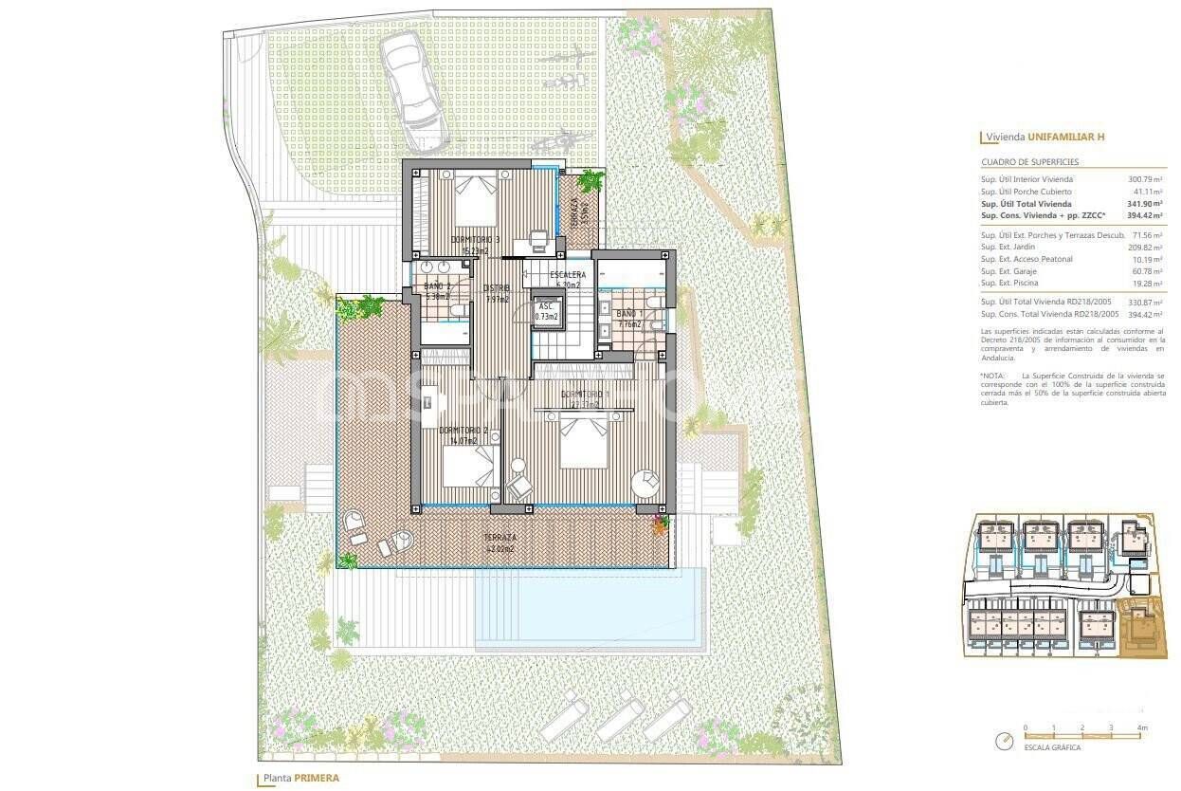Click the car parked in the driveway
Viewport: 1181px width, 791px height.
click(x=413, y=91)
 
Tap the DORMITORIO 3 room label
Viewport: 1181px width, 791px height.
click(x=476, y=240)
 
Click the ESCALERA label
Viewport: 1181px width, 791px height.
click(x=568, y=275)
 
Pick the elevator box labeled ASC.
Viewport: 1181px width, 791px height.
click(x=546, y=312)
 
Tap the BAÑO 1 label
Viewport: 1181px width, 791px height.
click(x=628, y=314)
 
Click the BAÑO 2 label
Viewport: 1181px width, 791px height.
click(x=437, y=285)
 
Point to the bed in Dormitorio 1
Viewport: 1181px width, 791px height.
click(x=582, y=441)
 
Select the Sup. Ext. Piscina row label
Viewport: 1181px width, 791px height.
click(x=1011, y=283)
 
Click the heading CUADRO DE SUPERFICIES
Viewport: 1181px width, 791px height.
click(x=1029, y=162)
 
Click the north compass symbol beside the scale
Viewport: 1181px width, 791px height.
click(x=1004, y=741)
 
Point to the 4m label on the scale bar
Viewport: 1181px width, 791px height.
click(x=1142, y=728)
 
